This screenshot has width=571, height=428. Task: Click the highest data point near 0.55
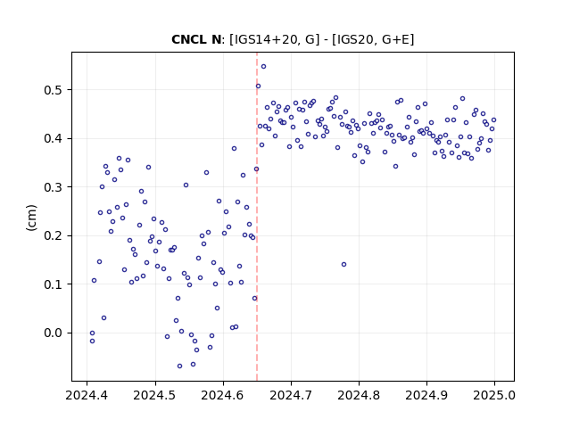pos(264,67)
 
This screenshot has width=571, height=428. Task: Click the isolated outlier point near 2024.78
pos(343,265)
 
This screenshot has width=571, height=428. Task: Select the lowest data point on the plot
pos(179,366)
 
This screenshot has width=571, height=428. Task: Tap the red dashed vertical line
pos(257,217)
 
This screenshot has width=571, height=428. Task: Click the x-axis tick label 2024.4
pos(87,395)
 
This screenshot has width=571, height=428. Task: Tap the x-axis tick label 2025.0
pos(494,395)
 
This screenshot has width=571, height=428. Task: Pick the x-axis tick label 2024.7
pos(291,395)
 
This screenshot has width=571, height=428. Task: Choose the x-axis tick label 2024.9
pos(426,395)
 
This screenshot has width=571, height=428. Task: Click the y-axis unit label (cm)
pos(32,217)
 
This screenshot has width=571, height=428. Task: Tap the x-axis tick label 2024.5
pos(154,395)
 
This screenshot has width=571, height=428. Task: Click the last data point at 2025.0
pos(493,120)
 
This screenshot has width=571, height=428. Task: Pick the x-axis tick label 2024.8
pos(359,395)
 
